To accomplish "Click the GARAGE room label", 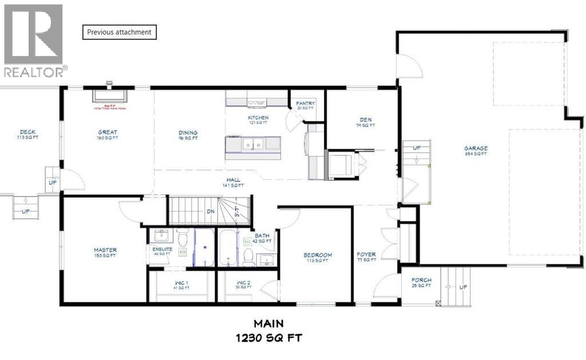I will pyautogui.click(x=476, y=148).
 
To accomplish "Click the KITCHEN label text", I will pyautogui.click(x=258, y=118).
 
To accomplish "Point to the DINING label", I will pyautogui.click(x=188, y=132).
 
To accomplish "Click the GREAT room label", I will pyautogui.click(x=108, y=132).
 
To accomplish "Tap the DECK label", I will pyautogui.click(x=27, y=132).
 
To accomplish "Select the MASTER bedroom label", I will pyautogui.click(x=105, y=250).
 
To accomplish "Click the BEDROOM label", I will pyautogui.click(x=318, y=255).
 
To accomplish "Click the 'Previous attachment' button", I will pyautogui.click(x=120, y=32).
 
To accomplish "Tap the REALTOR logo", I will pyautogui.click(x=34, y=41).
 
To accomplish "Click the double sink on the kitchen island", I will pyautogui.click(x=252, y=145).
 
